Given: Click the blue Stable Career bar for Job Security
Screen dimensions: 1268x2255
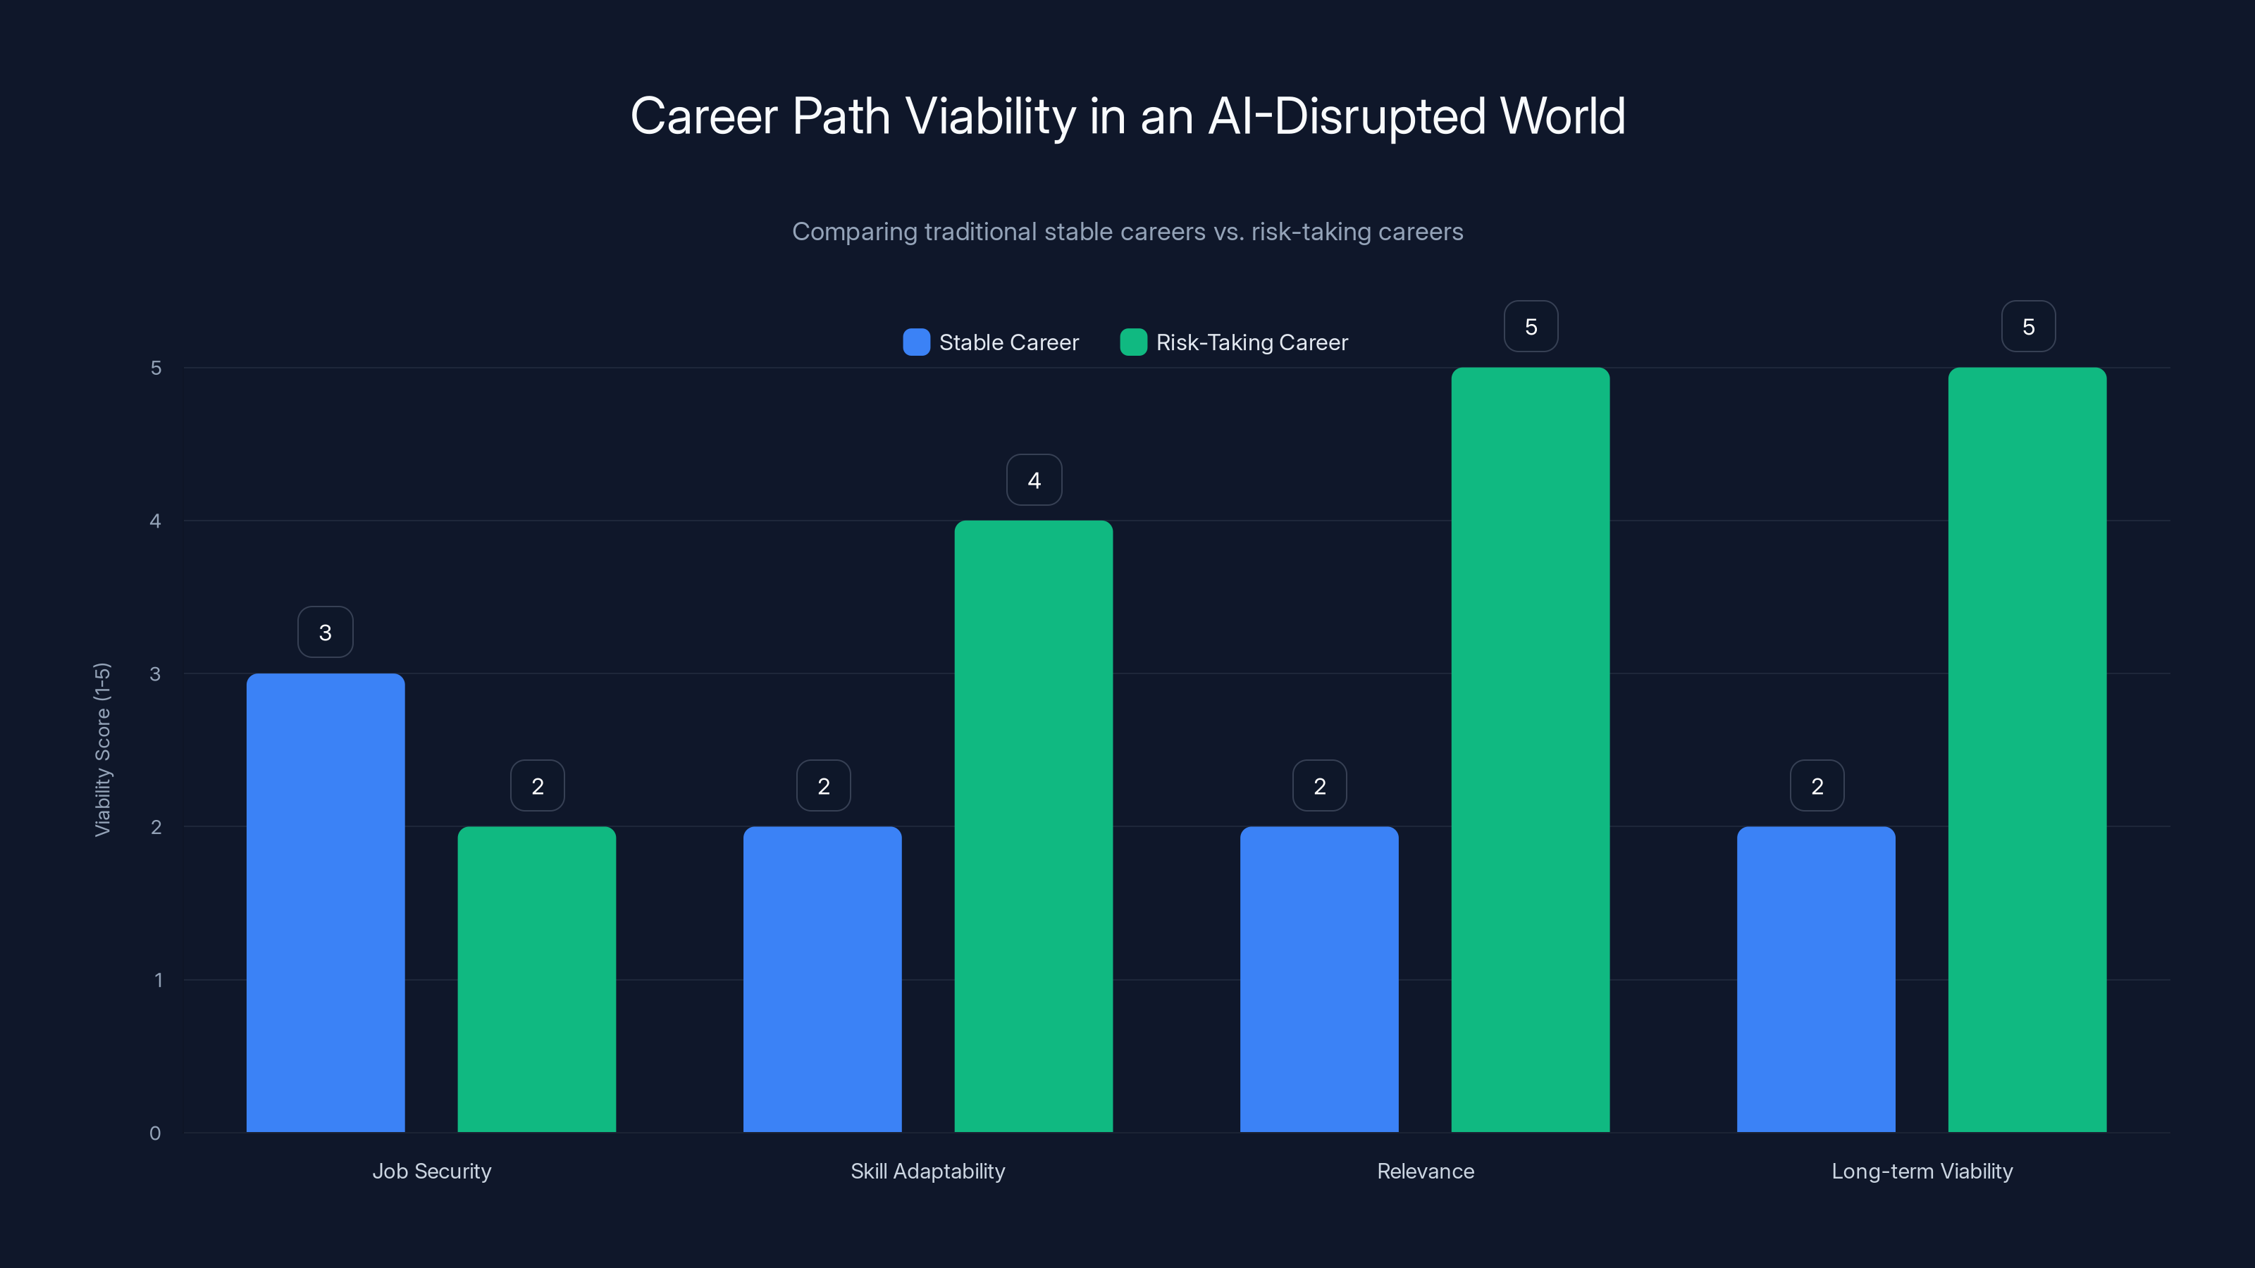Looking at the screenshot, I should click(325, 902).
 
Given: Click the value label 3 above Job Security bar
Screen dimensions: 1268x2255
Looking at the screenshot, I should click(325, 632).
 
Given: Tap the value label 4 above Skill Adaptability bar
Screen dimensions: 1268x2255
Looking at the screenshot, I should click(1034, 480).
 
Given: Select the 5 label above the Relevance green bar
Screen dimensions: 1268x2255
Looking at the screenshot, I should click(1530, 326).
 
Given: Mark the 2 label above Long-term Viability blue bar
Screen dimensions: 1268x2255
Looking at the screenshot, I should click(1817, 786).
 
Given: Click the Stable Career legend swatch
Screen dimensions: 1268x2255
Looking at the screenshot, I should click(915, 342).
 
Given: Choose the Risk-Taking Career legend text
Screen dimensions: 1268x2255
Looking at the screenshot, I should click(1251, 342).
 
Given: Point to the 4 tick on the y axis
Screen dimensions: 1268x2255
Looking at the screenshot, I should click(156, 521).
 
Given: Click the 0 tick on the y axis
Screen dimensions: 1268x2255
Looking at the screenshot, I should click(156, 1133).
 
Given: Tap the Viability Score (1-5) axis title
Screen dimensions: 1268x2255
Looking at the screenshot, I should click(102, 749).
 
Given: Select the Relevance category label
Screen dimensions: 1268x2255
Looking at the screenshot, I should click(1425, 1171).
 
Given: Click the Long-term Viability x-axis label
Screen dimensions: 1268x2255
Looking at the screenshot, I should click(1922, 1171).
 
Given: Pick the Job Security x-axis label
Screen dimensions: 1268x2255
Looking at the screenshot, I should click(431, 1171).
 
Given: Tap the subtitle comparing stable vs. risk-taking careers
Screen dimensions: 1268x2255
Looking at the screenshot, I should click(1127, 232).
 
